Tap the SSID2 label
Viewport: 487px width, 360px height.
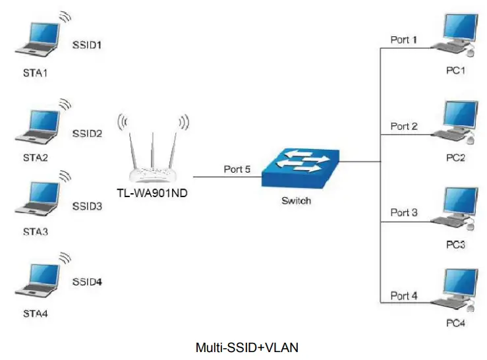pos(87,133)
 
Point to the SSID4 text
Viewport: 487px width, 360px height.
pos(87,282)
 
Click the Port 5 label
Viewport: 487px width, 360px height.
pos(237,169)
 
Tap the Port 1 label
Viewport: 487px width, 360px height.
pos(403,40)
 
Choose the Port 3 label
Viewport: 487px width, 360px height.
pos(403,212)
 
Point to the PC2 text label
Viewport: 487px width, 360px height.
pos(455,158)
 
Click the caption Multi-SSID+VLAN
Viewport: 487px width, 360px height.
pos(243,346)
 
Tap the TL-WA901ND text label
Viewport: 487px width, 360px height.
pos(152,193)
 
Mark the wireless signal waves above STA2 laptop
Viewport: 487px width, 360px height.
pos(65,104)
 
